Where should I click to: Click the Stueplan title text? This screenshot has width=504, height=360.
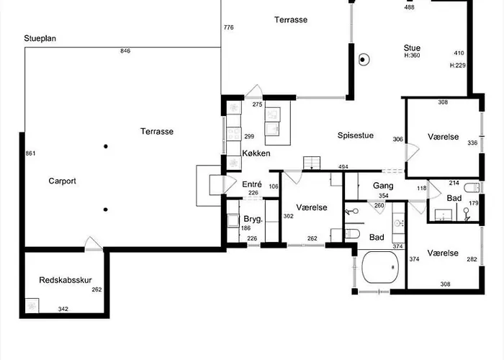[x=40, y=39]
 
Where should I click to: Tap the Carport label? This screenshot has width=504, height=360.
[x=62, y=181]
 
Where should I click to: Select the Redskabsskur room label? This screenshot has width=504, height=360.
[x=66, y=280]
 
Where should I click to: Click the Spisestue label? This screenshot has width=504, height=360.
[x=356, y=135]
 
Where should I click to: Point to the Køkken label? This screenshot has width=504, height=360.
[x=256, y=153]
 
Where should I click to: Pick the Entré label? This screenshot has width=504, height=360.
[x=252, y=184]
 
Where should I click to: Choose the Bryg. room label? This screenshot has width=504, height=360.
[x=253, y=220]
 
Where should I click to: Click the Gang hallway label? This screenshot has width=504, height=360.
[x=383, y=186]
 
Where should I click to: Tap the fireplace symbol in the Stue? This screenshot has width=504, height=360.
[x=363, y=60]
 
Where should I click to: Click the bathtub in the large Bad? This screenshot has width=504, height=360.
[x=380, y=267]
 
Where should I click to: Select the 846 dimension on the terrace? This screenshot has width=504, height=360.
[x=125, y=51]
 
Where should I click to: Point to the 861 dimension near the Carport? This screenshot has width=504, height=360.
[x=30, y=153]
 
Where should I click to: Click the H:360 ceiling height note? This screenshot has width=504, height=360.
[x=412, y=55]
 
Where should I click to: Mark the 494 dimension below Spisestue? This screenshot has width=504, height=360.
[x=343, y=167]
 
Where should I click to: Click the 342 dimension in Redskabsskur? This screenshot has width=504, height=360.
[x=63, y=309]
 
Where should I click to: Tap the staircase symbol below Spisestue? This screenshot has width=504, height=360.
[x=312, y=163]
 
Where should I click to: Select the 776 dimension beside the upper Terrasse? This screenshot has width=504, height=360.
[x=228, y=27]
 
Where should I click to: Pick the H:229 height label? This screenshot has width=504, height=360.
[x=458, y=66]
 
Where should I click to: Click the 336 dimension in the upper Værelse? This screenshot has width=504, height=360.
[x=472, y=143]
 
